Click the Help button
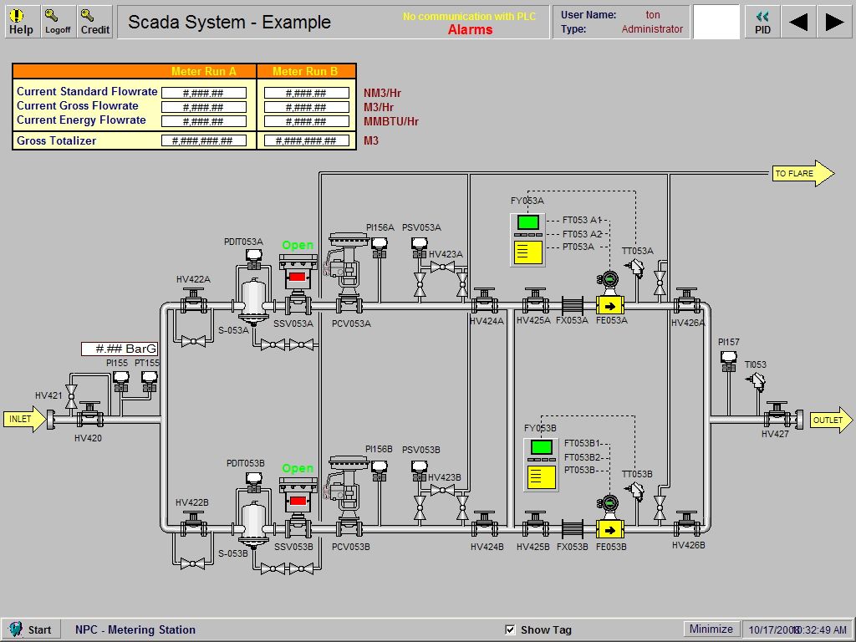pyautogui.click(x=21, y=22)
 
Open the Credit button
pyautogui.click(x=94, y=22)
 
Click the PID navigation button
pyautogui.click(x=762, y=22)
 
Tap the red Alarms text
pyautogui.click(x=470, y=29)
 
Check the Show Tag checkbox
pyautogui.click(x=511, y=629)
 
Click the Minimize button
pyautogui.click(x=711, y=629)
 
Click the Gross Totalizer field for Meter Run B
pyautogui.click(x=306, y=140)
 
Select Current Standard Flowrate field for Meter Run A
pyautogui.click(x=204, y=93)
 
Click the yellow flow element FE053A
pyautogui.click(x=610, y=306)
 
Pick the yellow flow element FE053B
pyautogui.click(x=610, y=529)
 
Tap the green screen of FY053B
pyautogui.click(x=541, y=447)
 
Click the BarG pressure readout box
pyautogui.click(x=120, y=349)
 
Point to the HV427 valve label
pyautogui.click(x=775, y=435)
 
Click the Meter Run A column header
pyautogui.click(x=204, y=72)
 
